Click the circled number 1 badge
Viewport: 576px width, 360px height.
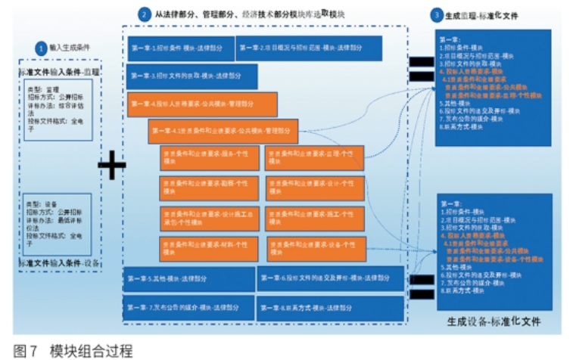tap(40, 46)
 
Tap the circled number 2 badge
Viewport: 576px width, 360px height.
tap(145, 14)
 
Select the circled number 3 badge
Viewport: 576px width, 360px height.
tap(436, 14)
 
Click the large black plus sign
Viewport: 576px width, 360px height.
tap(111, 164)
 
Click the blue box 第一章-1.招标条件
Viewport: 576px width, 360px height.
tap(180, 48)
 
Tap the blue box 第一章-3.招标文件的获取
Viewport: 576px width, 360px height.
tap(192, 76)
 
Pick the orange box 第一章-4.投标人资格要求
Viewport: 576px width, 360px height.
tap(201, 103)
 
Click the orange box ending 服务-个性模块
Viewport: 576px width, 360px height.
tap(208, 158)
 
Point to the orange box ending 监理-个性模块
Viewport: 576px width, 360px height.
tap(314, 158)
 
